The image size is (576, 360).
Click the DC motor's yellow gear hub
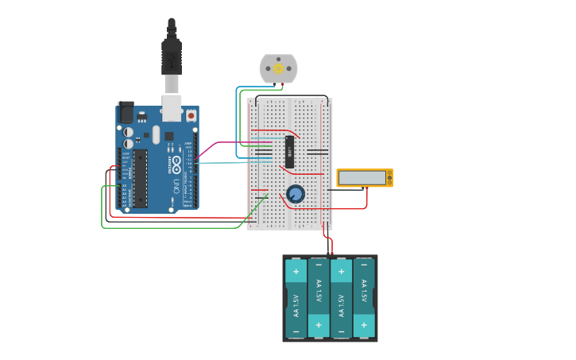point(279,69)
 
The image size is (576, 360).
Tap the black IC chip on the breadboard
point(290,151)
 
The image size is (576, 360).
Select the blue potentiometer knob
point(296,193)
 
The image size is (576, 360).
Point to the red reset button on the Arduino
point(191,116)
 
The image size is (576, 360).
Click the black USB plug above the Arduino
point(172,56)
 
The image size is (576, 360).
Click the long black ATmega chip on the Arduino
point(140,177)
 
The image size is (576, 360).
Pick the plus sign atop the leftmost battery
point(296,272)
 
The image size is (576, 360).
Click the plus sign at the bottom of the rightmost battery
point(364,325)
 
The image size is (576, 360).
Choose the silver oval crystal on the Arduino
point(156,135)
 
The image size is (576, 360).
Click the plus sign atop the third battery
point(341,272)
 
